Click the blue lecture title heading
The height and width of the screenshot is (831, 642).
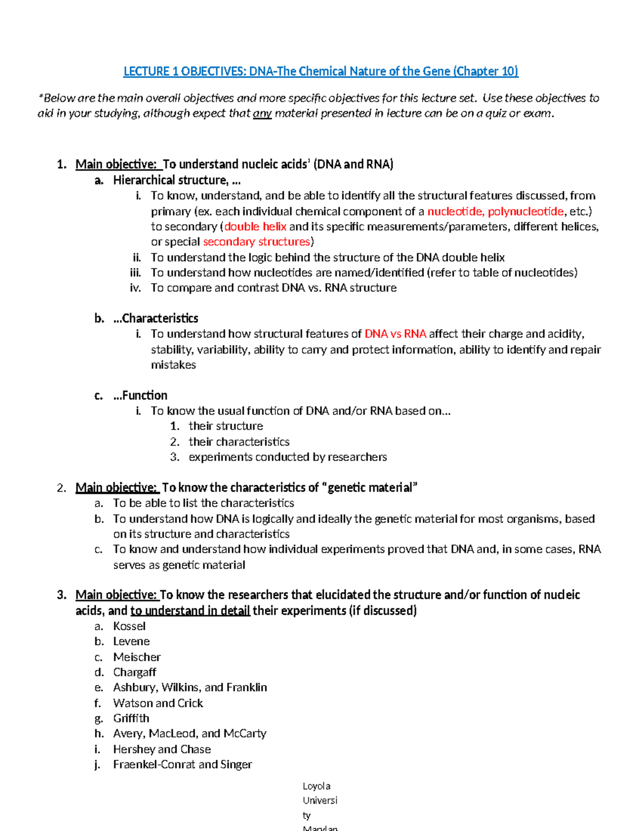click(x=320, y=71)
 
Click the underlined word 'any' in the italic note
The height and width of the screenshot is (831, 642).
click(x=262, y=113)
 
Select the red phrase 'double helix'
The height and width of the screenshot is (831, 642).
click(x=256, y=226)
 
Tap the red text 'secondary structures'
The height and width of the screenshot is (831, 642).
click(x=257, y=242)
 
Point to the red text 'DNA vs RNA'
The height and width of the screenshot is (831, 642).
click(x=395, y=334)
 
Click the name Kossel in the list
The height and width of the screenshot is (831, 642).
click(x=129, y=626)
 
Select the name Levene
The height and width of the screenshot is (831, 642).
click(x=132, y=641)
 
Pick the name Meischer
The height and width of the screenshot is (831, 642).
click(x=137, y=657)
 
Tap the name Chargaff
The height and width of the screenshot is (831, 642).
click(x=135, y=672)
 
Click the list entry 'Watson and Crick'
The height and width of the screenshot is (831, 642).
click(x=158, y=703)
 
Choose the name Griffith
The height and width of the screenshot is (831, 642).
click(x=131, y=718)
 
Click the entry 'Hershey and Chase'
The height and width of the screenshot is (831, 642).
click(x=162, y=749)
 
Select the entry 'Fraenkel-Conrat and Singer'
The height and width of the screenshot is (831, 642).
click(x=182, y=764)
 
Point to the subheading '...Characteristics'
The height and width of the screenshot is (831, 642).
click(x=156, y=318)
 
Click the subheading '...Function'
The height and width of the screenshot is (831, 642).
click(x=140, y=395)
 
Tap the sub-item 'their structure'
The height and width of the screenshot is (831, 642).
click(x=226, y=426)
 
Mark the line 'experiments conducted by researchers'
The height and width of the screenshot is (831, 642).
click(x=288, y=457)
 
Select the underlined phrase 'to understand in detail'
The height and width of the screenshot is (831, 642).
click(x=190, y=611)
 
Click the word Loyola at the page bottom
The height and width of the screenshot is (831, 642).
click(x=317, y=786)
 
